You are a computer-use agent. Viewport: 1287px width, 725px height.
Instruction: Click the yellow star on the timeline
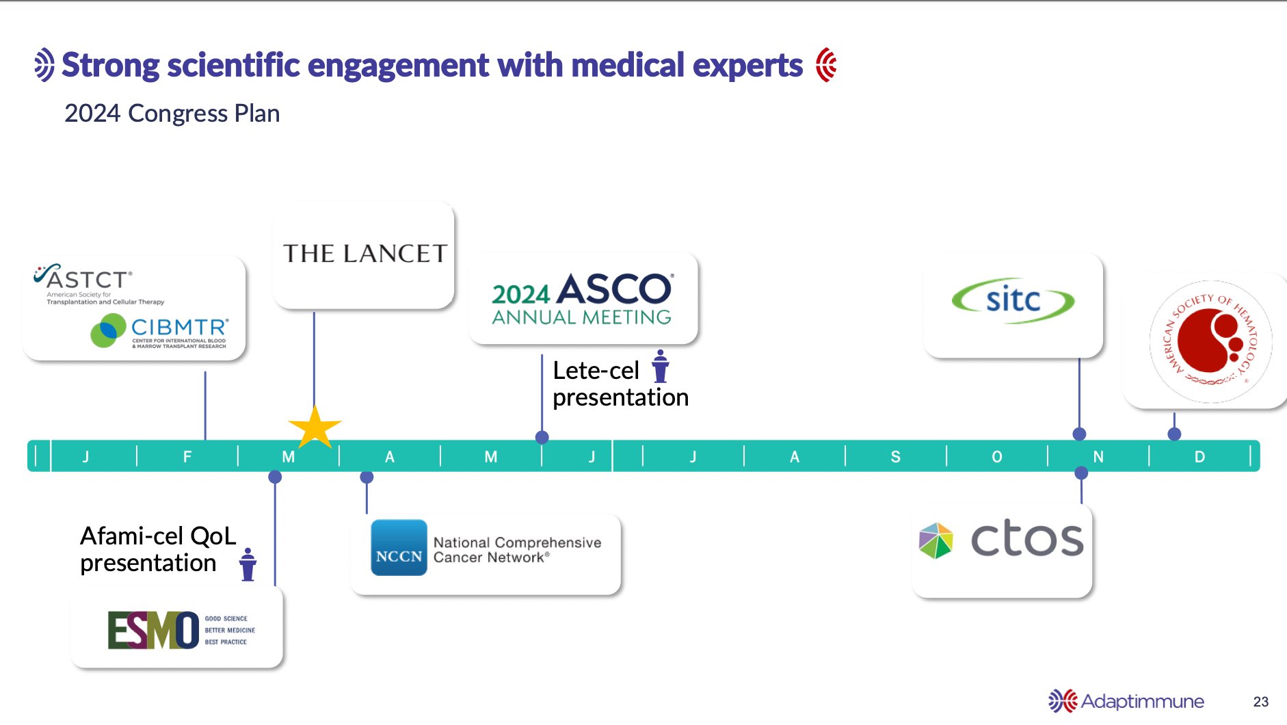pos(315,428)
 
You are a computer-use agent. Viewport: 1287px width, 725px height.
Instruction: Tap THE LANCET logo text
pos(364,254)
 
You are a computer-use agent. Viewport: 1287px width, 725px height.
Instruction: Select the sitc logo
pos(1013,300)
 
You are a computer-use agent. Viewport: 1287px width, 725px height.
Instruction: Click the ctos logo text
pos(1027,539)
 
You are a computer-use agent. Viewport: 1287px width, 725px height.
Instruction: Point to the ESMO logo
pos(153,630)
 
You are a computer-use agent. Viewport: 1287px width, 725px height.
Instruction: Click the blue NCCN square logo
pos(399,548)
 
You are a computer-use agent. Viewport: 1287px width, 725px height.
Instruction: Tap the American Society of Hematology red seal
pos(1210,341)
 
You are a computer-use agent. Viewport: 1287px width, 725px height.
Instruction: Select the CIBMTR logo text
pos(179,328)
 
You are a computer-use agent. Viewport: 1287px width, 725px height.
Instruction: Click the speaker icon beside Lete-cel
pos(660,367)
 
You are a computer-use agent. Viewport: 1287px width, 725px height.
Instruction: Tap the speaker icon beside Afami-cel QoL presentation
pos(248,565)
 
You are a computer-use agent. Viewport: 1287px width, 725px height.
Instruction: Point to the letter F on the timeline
pos(187,457)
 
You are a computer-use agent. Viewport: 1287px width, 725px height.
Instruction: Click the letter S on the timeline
pos(895,457)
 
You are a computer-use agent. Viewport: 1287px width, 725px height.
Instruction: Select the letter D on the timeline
pos(1199,457)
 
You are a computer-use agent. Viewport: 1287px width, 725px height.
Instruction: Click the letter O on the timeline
pos(996,457)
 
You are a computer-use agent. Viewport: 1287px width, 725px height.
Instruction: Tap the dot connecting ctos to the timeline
pos(1081,473)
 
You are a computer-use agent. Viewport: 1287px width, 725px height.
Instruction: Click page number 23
pos(1260,702)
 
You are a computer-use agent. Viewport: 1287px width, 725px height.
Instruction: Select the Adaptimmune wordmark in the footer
pos(1142,702)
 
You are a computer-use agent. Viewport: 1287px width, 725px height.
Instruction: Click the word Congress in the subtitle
pos(178,114)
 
